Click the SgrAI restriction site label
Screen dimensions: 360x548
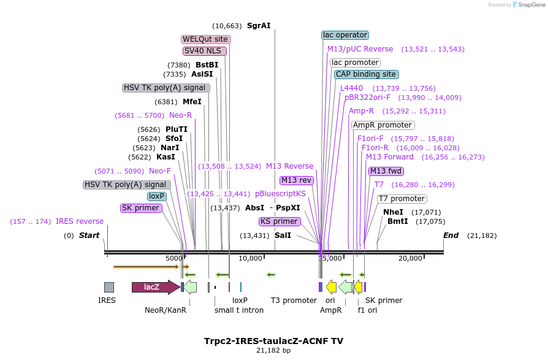(258, 26)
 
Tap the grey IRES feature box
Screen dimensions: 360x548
(108, 287)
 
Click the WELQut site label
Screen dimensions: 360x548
(206, 39)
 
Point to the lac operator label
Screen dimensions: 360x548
(344, 36)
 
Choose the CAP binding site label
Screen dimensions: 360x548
(366, 74)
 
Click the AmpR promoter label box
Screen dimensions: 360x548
(382, 125)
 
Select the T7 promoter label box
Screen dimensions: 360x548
(401, 199)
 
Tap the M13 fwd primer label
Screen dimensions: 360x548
(386, 171)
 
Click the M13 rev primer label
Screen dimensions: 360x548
(297, 180)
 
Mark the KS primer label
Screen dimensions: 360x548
(279, 221)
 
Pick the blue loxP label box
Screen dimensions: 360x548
(157, 196)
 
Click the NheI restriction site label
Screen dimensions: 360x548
(393, 212)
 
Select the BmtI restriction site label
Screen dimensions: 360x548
(397, 221)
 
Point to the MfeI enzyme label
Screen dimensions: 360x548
(192, 102)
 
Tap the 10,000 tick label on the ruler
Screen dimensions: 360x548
(251, 258)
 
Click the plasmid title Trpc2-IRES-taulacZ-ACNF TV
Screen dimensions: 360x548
(273, 340)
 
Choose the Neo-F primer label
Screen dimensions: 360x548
(160, 171)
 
